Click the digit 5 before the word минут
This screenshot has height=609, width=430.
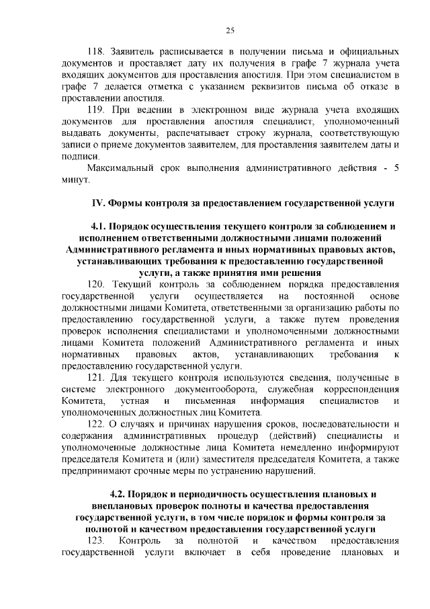tap(396, 168)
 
